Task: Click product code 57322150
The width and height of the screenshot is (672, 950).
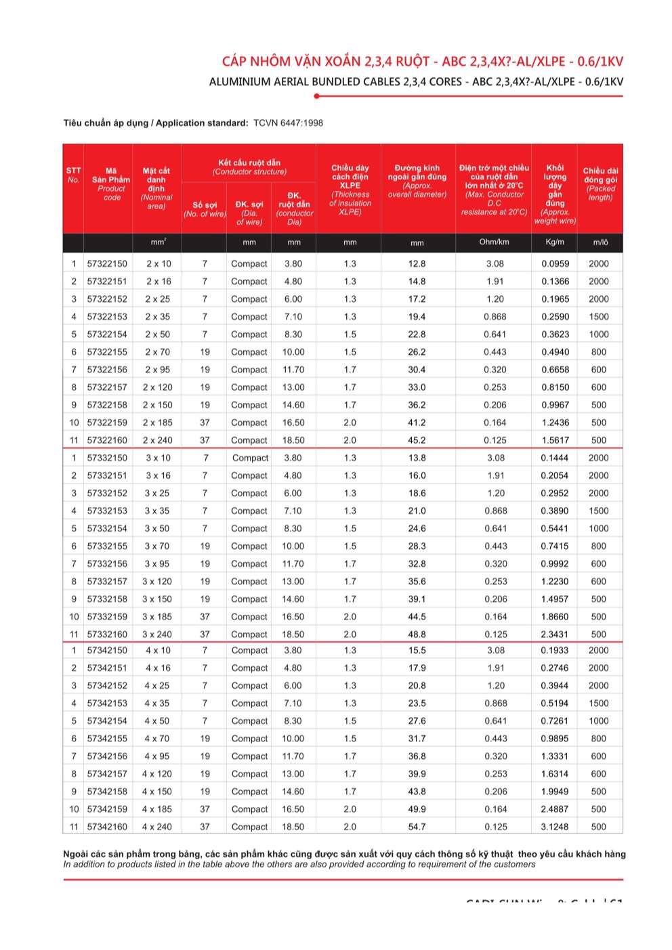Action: coord(107,263)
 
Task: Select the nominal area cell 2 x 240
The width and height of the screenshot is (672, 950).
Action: coord(157,440)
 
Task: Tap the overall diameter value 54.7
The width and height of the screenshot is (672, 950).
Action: coord(417,827)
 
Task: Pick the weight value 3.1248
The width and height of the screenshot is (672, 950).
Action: coord(554,827)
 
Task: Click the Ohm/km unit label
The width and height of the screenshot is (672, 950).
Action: coord(494,242)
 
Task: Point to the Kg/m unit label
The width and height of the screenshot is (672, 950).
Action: coord(554,242)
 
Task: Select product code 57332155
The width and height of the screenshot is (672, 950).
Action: coord(107,546)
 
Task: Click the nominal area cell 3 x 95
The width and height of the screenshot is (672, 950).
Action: coord(157,563)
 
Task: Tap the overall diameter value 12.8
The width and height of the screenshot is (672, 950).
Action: coord(417,263)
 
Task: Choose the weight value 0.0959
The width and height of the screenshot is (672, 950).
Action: coord(555,263)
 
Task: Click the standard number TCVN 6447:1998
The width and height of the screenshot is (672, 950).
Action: coord(288,123)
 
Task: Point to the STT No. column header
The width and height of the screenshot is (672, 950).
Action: coord(73,175)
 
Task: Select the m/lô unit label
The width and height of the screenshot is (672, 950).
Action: coord(600,242)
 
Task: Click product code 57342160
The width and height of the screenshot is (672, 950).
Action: coord(107,827)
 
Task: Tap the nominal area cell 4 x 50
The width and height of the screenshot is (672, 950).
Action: coord(157,720)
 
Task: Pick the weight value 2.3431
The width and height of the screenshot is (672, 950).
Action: coord(554,634)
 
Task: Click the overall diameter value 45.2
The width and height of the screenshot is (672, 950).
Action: coord(417,440)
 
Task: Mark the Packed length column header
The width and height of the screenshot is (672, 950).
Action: coord(600,184)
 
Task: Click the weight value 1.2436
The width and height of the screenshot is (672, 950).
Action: coord(555,423)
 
